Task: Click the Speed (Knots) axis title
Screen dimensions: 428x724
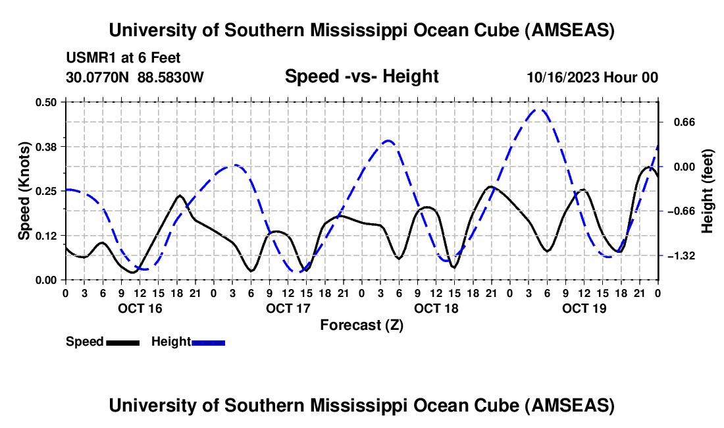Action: pos(24,190)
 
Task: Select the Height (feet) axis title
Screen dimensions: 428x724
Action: pos(708,191)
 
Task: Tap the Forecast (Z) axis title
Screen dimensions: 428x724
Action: pos(361,325)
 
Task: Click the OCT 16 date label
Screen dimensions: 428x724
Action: pos(140,308)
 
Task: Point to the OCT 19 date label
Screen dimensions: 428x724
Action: pos(584,308)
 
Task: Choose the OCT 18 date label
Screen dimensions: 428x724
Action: pos(436,308)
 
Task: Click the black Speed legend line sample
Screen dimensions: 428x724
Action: pos(122,342)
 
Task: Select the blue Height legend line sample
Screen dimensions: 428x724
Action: pos(209,342)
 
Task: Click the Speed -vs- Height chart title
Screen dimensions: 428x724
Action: pos(361,76)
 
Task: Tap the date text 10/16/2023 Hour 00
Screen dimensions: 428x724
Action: pos(592,77)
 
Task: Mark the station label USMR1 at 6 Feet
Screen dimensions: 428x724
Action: pos(123,59)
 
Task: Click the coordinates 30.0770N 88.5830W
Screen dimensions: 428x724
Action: pos(135,77)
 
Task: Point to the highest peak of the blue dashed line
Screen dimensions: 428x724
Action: pos(540,110)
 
